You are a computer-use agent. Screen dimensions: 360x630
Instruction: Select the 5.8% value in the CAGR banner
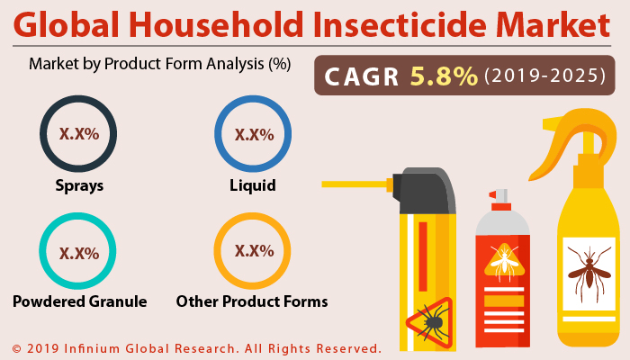point(444,76)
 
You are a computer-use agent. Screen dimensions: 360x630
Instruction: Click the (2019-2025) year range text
point(544,76)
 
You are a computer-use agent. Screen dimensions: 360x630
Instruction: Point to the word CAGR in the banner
point(364,76)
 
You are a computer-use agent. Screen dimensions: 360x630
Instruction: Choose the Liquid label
point(252,186)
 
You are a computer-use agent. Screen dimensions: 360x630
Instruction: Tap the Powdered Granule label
point(79,301)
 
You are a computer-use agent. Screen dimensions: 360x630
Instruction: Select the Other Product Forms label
point(252,301)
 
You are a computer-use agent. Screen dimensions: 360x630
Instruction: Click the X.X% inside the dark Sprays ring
point(78,136)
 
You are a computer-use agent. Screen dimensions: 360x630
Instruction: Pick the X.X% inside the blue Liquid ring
point(253,135)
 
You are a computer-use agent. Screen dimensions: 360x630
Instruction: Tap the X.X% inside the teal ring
point(78,254)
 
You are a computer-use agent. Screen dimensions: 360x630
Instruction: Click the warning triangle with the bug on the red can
point(503,262)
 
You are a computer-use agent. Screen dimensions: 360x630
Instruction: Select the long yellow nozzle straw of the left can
point(355,184)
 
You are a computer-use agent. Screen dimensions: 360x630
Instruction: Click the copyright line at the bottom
point(196,347)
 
